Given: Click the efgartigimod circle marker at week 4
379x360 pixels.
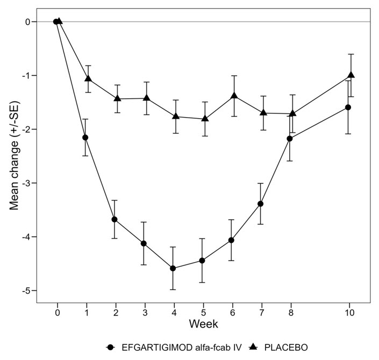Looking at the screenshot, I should click(173, 268).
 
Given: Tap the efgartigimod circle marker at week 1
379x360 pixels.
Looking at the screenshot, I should click(85, 138).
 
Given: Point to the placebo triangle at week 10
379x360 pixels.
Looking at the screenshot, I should click(351, 75).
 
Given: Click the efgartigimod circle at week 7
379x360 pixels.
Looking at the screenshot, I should click(260, 204).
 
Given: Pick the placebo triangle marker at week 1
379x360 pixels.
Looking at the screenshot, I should click(88, 78).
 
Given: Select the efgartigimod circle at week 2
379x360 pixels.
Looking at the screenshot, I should click(114, 219).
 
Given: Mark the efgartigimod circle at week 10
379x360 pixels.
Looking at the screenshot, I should click(348, 107).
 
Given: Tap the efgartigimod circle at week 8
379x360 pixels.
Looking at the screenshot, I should click(290, 139).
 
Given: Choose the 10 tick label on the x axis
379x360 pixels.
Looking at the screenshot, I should click(349, 313).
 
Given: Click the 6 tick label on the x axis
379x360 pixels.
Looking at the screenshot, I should click(232, 313).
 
